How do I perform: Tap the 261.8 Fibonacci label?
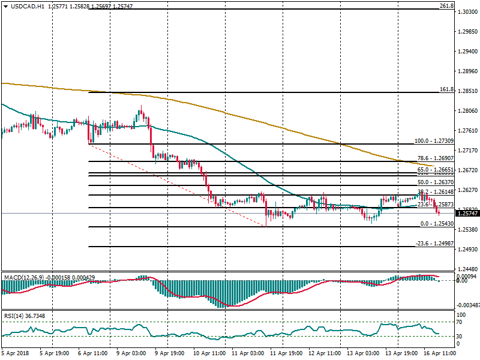pos(446,6)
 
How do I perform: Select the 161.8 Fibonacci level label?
pos(446,89)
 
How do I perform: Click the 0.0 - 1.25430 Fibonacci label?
pos(436,224)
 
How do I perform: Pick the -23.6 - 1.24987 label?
pos(434,244)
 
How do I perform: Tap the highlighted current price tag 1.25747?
pos(467,213)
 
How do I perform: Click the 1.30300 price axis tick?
pos(466,12)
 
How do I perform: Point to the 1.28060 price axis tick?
pos(466,111)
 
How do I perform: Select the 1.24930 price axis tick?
pos(466,249)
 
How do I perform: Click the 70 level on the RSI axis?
pos(461,322)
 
